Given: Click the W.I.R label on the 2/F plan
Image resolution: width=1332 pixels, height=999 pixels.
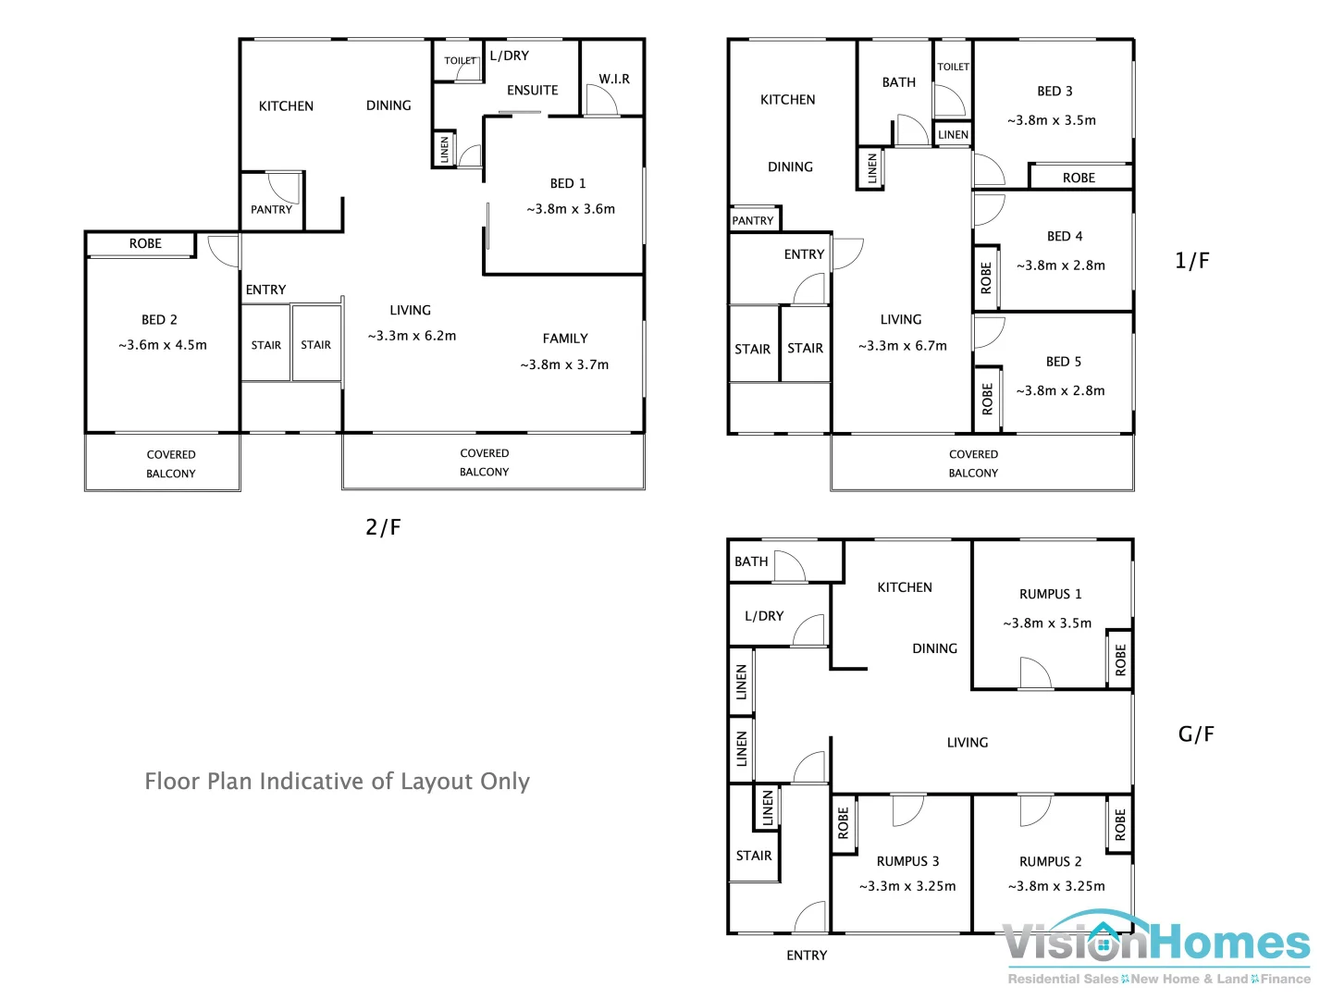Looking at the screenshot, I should tap(614, 80).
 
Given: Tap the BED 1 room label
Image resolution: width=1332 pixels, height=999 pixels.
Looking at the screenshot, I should tap(568, 183).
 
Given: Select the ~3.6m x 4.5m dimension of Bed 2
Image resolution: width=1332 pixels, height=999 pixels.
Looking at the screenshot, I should tap(163, 345).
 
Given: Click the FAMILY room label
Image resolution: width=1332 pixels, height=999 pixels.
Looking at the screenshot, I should tap(565, 339).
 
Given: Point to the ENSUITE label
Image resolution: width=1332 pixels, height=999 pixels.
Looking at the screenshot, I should tap(533, 91).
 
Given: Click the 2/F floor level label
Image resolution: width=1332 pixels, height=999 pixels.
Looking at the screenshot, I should tap(383, 527).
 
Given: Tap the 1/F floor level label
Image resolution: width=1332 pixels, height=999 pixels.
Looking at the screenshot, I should tap(1191, 261).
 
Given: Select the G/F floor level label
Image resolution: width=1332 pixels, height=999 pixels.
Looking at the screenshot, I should tap(1195, 734).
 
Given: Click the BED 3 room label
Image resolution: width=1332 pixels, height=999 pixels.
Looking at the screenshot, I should tap(1054, 92).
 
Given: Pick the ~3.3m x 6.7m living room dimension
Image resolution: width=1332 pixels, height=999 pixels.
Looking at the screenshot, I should tap(903, 346).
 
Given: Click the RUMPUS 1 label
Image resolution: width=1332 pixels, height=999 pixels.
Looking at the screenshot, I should tap(1051, 594).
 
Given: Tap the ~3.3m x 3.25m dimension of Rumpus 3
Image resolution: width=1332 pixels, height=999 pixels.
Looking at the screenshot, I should tap(907, 886).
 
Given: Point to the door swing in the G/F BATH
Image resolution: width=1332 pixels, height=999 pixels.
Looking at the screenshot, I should tap(789, 566).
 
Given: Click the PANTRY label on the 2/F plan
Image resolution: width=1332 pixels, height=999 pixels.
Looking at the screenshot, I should tap(271, 210).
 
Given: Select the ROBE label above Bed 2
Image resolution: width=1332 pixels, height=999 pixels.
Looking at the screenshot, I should tap(145, 243).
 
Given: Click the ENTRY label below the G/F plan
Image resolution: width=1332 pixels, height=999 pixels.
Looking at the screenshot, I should tap(807, 956).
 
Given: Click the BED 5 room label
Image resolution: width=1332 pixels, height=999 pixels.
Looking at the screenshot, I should tap(1064, 362).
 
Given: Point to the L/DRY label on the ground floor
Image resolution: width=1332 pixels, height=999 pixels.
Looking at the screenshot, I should tap(764, 616).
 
